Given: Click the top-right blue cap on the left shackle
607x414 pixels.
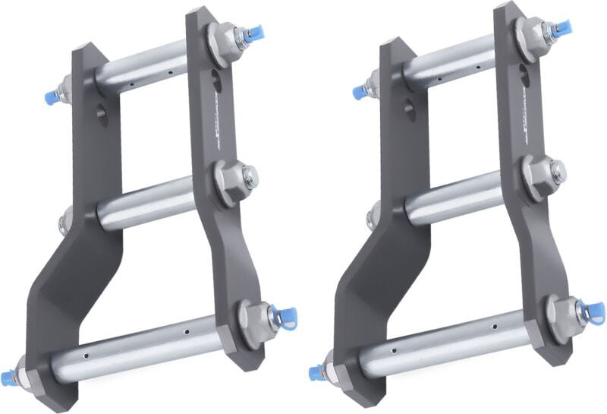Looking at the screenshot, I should tap(255, 33).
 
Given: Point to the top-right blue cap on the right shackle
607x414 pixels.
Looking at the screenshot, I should tap(563, 29).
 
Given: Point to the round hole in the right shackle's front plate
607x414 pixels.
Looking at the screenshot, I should tap(410, 109).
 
